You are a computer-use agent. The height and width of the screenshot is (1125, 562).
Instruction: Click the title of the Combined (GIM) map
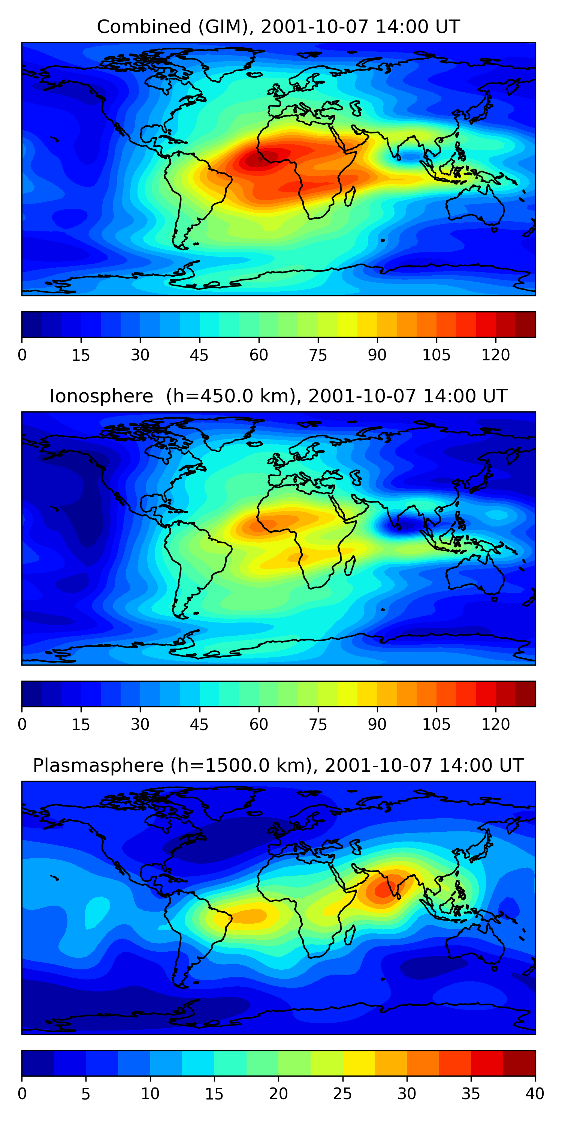(278, 27)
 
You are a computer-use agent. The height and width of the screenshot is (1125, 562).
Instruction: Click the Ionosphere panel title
(278, 396)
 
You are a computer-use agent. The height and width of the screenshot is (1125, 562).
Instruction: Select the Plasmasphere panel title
(278, 766)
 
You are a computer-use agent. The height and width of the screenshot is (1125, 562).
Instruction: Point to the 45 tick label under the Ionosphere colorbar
(199, 724)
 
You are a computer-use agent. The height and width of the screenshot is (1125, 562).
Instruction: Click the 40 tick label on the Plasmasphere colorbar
(535, 1094)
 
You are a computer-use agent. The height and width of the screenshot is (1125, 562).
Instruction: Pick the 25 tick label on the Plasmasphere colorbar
(342, 1094)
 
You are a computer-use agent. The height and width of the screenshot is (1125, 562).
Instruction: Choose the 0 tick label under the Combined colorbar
(22, 355)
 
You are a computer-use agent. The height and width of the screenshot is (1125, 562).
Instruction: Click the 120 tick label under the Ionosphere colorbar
(496, 724)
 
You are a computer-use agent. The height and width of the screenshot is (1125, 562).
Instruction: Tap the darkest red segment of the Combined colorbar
(525, 324)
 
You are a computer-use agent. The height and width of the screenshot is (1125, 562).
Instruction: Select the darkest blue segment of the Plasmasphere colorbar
(38, 1063)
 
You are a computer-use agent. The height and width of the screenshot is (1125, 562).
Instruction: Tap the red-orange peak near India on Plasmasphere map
(384, 889)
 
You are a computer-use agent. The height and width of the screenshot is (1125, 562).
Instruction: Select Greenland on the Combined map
(227, 61)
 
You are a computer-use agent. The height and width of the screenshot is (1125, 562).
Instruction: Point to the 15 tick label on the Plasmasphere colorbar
(214, 1094)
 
